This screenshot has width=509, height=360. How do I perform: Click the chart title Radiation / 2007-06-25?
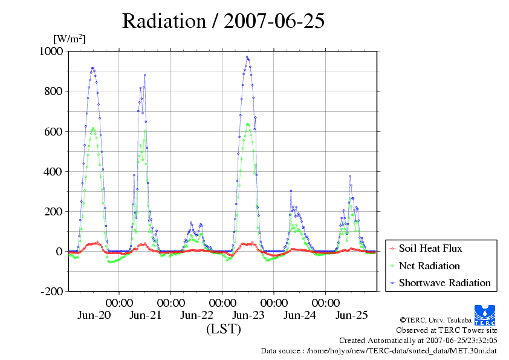point(224,21)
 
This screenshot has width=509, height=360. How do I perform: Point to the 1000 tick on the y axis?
point(51,51)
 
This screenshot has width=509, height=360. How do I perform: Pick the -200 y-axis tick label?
point(51,291)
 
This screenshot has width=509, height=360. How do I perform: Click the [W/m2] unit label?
point(70,39)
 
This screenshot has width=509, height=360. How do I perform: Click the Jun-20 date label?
point(94,315)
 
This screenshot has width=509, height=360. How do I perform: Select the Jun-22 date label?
point(197,315)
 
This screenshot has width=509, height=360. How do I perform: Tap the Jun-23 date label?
point(248,315)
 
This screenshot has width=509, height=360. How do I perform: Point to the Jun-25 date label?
point(352,315)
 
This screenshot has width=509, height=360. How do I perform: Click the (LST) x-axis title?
point(223,330)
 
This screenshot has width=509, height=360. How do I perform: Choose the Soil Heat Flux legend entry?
point(430,248)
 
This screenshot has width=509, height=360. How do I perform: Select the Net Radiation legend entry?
point(429,266)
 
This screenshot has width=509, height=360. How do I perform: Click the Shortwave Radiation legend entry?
point(444,283)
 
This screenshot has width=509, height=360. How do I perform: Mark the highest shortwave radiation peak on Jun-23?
point(247,57)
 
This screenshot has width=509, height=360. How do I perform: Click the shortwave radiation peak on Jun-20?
point(92,68)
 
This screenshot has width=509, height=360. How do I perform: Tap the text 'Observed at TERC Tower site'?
point(447,330)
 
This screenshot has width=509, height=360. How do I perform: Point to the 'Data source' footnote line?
point(379,350)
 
